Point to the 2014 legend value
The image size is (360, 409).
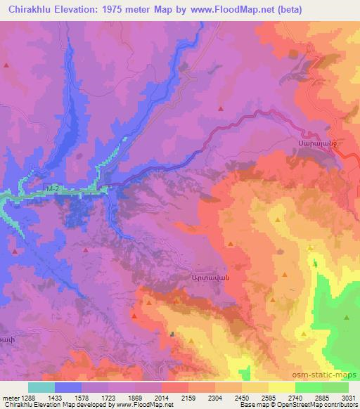163,397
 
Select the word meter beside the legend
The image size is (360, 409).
8,397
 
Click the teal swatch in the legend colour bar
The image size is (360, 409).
41,387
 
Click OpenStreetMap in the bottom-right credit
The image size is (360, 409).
311,405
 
